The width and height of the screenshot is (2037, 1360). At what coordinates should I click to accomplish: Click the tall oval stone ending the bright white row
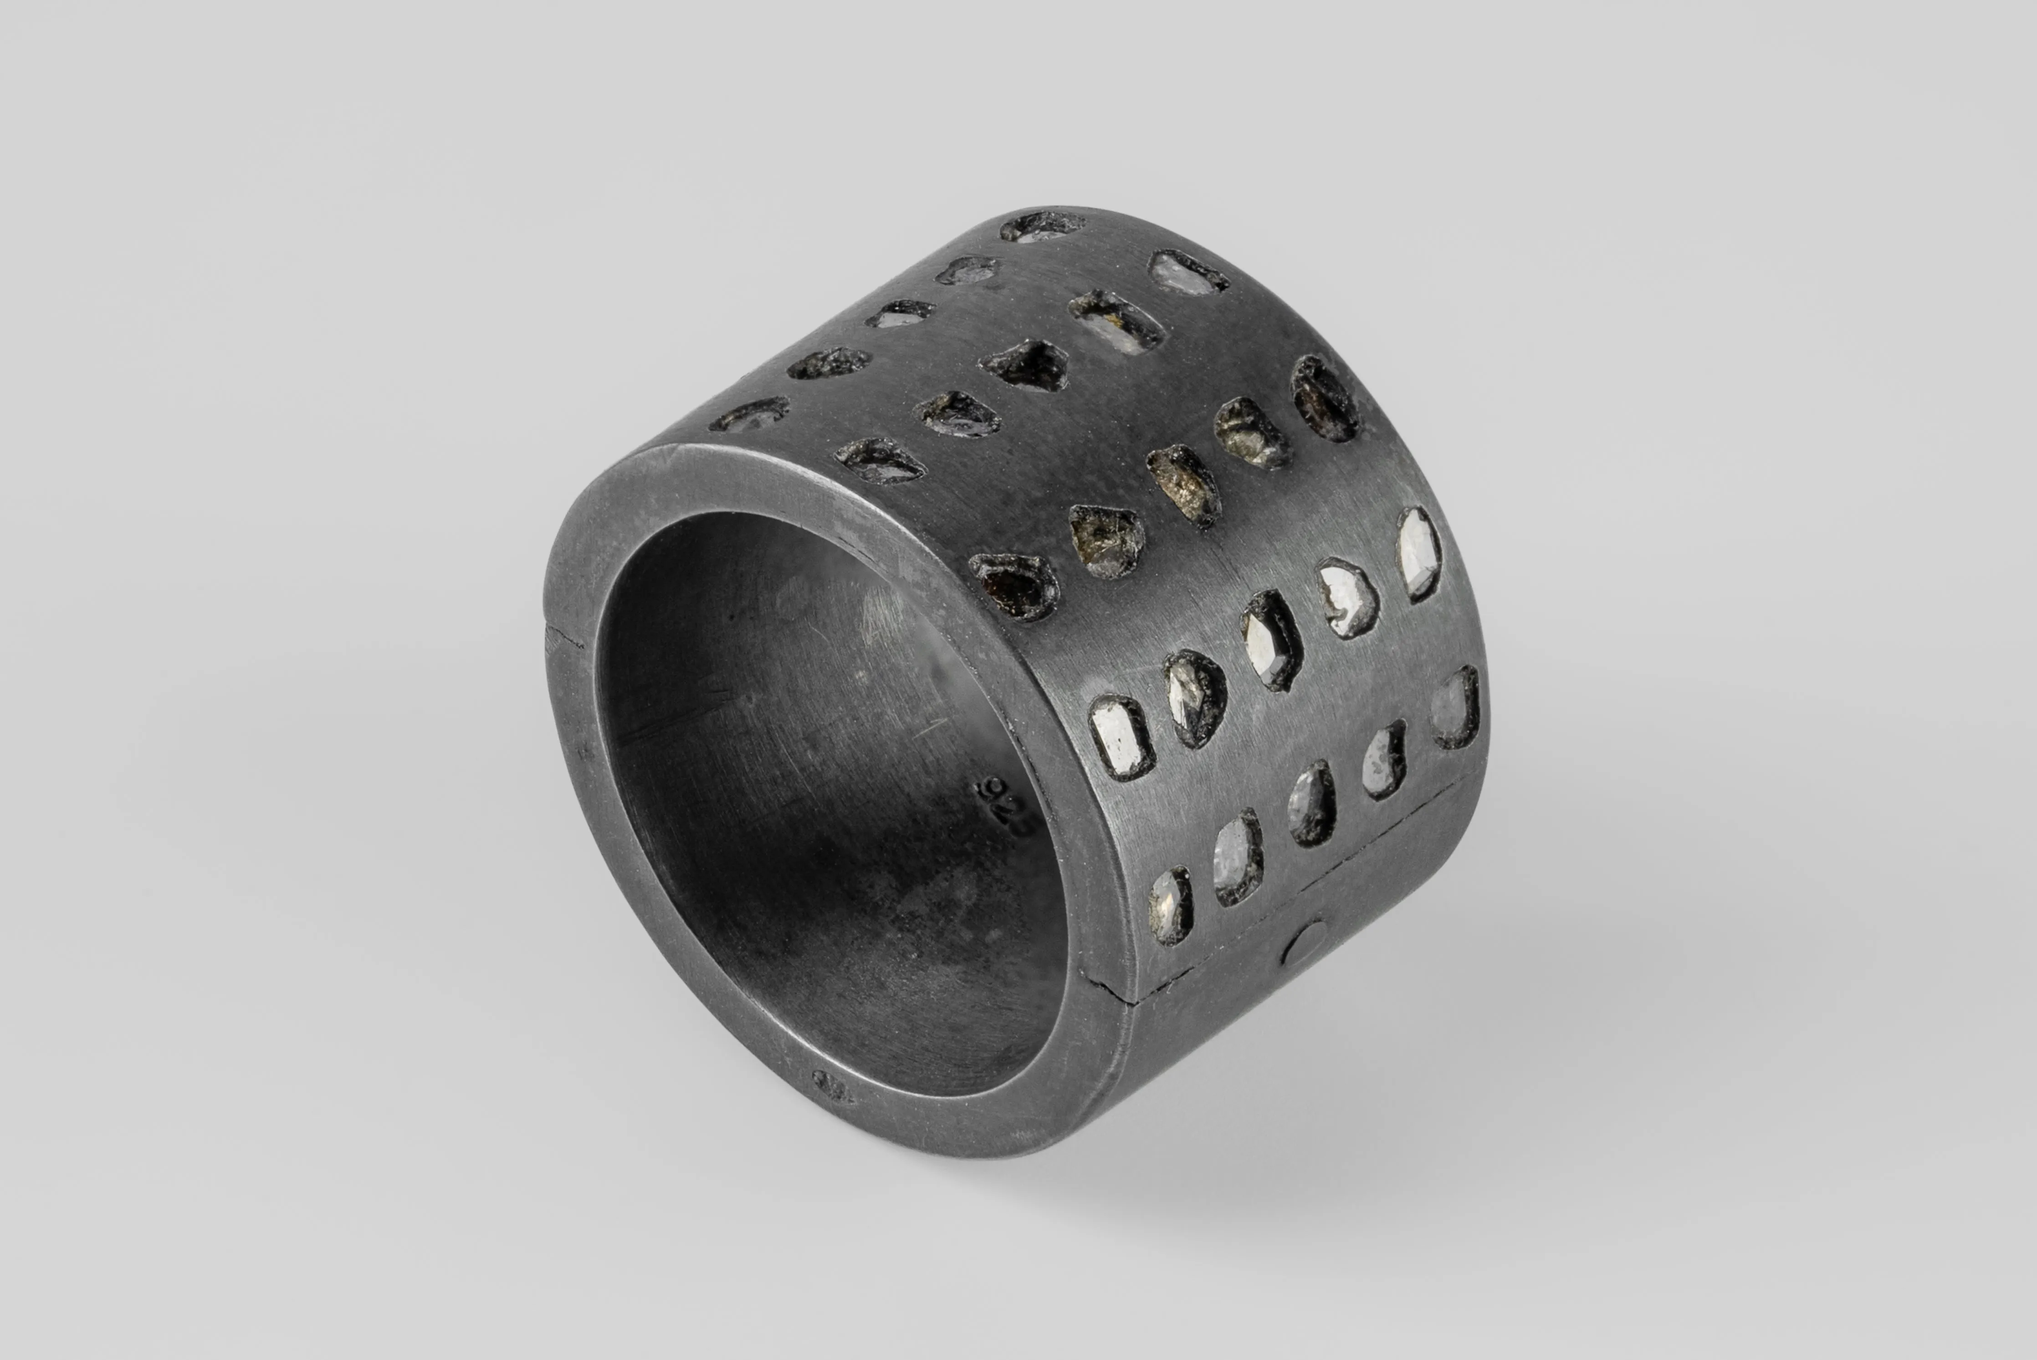coord(1418,553)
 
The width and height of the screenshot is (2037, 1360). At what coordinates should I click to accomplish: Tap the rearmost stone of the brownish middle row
coord(1325,397)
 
